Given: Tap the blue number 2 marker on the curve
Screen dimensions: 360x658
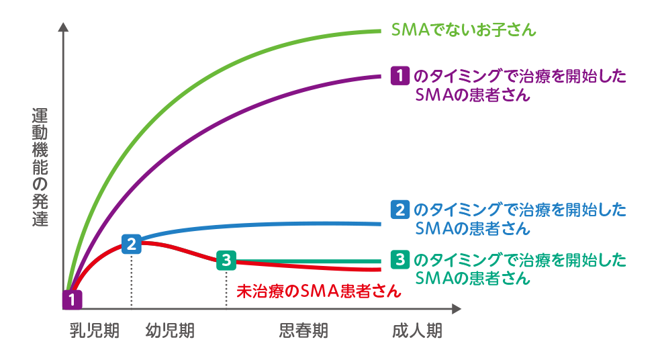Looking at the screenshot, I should (132, 242).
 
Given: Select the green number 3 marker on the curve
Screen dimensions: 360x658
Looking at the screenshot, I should (226, 259).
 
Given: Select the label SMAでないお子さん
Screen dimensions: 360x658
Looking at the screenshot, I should (464, 30).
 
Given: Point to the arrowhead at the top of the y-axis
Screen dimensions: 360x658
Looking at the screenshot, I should (64, 28).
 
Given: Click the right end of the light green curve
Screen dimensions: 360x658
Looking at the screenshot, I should (379, 31).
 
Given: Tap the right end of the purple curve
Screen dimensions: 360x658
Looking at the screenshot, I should (379, 76).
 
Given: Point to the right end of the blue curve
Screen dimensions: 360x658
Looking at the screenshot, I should (379, 224).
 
